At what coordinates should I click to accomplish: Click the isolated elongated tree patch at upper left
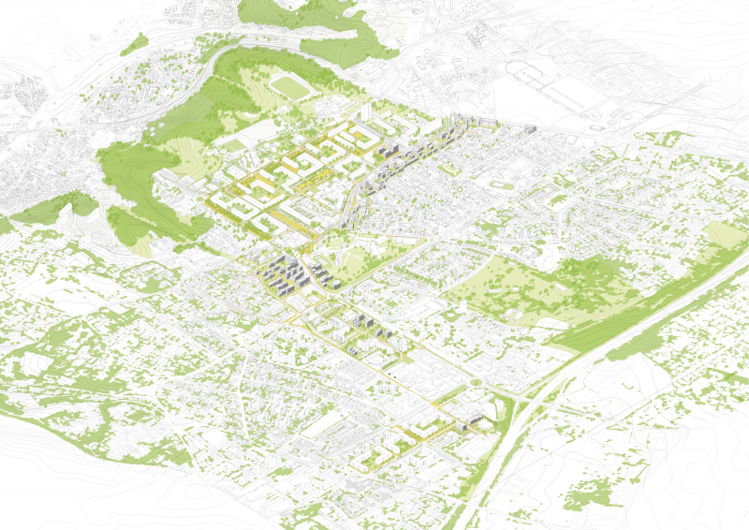(x=134, y=43)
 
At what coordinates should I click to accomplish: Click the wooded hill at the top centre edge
(x=272, y=11)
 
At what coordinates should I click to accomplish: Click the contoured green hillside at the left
(x=140, y=178)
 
